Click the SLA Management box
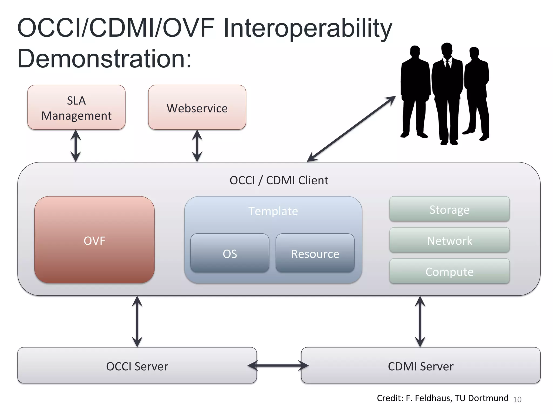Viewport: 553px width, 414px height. pos(76,108)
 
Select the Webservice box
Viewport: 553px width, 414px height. pos(197,108)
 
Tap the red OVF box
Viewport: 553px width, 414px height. pos(95,240)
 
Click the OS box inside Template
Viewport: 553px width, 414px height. pos(230,253)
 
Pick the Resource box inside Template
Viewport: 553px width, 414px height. pos(315,253)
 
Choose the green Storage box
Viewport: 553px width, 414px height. pos(449,209)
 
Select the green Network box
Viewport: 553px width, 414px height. pos(449,240)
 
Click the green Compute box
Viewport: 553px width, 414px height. pos(449,271)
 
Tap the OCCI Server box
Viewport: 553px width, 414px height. pos(137,366)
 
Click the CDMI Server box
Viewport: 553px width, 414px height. pos(420,366)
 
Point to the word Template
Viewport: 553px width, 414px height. pos(273,211)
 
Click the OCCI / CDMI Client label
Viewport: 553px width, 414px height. pos(279,180)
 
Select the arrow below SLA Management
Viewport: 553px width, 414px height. pos(76,146)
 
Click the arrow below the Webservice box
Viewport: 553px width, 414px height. pos(197,146)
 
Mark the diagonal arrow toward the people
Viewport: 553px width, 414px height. pos(351,129)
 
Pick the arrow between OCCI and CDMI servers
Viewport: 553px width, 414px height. pos(278,366)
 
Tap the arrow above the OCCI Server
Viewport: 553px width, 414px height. pos(137,321)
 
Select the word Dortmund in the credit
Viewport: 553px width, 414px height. pos(488,398)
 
